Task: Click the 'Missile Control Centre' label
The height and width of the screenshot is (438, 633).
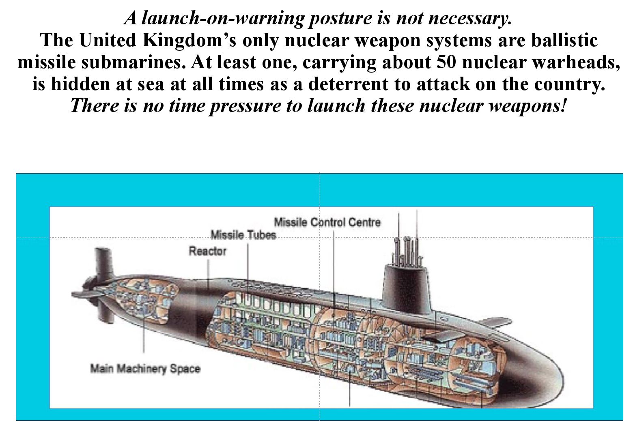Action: (327, 222)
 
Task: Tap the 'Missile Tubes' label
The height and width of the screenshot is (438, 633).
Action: (243, 235)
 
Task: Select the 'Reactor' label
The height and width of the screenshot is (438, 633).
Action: (207, 251)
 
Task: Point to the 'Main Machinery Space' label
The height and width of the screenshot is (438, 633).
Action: (145, 369)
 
